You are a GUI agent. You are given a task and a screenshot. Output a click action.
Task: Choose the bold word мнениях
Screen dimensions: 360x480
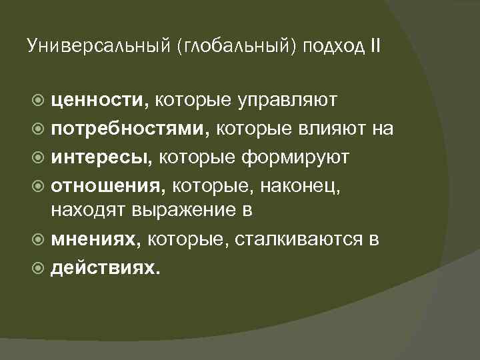coord(97,239)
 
